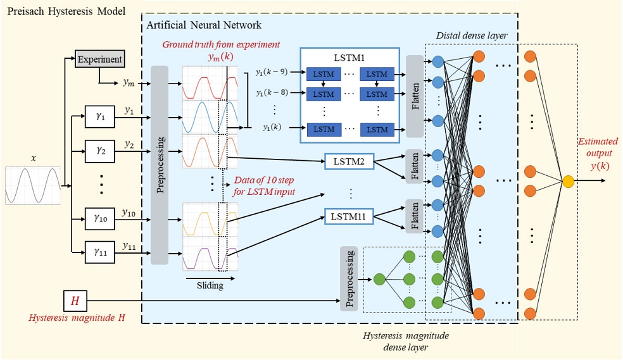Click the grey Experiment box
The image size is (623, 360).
100,59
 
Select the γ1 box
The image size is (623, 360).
100,116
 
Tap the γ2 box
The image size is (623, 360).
100,151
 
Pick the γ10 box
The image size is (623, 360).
100,218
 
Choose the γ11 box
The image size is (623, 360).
100,252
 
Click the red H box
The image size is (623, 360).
75,301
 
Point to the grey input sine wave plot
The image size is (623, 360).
32,185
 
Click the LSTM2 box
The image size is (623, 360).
349,161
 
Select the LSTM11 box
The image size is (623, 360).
349,217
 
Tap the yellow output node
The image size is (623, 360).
568,182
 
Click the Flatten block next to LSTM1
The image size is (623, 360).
415,96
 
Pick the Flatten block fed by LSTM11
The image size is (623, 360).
415,216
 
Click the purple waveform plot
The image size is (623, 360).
210,254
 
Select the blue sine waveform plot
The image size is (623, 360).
210,117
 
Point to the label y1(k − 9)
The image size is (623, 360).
272,72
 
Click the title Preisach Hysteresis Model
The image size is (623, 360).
66,11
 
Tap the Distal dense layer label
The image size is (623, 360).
472,35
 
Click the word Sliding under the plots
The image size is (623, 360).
210,285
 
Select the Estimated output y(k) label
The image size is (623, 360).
598,154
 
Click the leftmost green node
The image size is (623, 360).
379,280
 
